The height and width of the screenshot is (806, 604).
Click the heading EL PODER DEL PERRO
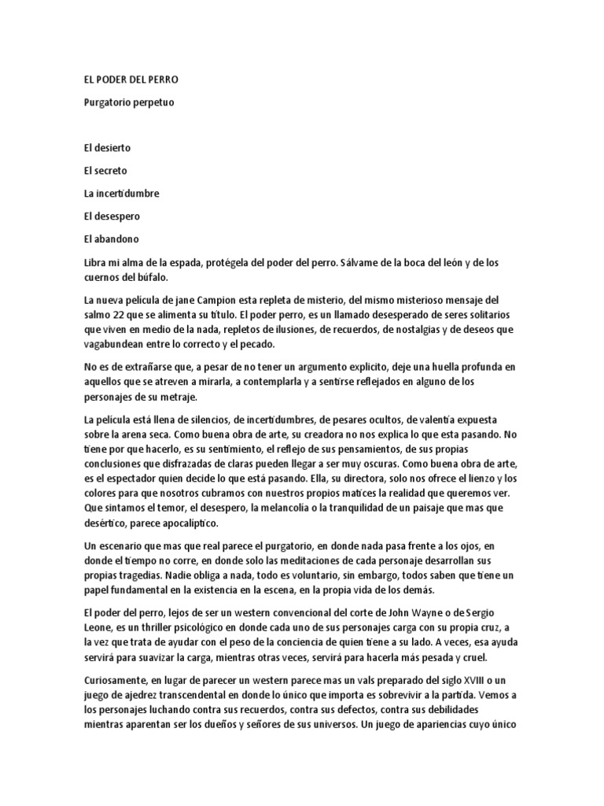(135, 79)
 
